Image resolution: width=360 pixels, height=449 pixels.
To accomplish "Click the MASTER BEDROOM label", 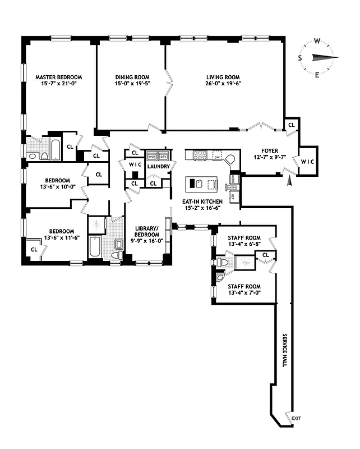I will click(x=59, y=77).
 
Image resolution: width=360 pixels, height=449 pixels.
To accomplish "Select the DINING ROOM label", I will click(x=131, y=77).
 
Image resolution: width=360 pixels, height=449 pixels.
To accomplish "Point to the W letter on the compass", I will click(x=317, y=41).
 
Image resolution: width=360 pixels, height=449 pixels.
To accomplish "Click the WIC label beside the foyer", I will click(x=308, y=162).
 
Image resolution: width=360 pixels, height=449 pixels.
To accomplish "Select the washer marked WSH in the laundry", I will click(x=152, y=157).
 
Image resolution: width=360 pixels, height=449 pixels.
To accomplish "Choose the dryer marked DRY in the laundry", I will click(x=164, y=157).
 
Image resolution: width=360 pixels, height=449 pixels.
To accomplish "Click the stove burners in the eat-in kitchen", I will click(x=200, y=155).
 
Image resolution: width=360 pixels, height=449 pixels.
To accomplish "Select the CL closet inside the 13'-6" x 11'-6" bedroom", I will click(x=34, y=249).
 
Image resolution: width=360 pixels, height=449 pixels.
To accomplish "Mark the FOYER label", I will click(x=262, y=151).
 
